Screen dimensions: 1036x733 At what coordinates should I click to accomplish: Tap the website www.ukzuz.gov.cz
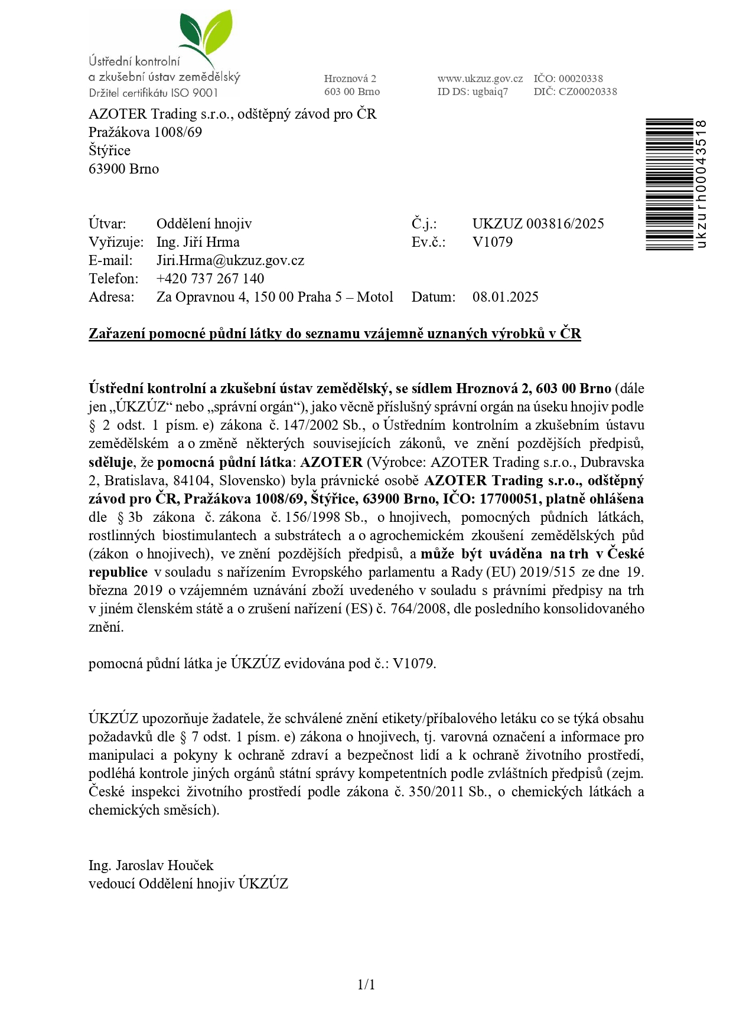pyautogui.click(x=480, y=79)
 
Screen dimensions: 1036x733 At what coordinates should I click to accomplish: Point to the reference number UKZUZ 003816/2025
pyautogui.click(x=537, y=224)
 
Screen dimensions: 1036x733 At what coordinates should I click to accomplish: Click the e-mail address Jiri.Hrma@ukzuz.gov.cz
pyautogui.click(x=230, y=260)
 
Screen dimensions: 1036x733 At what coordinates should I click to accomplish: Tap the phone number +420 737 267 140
pyautogui.click(x=210, y=279)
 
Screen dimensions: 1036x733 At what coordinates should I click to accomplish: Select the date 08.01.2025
pyautogui.click(x=505, y=297)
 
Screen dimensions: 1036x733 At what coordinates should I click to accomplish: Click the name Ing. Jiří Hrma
pyautogui.click(x=197, y=242)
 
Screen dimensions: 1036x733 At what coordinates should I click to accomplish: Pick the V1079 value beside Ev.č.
pyautogui.click(x=492, y=242)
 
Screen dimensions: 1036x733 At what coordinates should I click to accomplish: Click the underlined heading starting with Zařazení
pyautogui.click(x=334, y=334)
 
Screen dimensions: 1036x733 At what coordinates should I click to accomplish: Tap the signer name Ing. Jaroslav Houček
pyautogui.click(x=151, y=865)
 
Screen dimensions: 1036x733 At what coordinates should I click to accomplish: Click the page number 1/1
pyautogui.click(x=366, y=984)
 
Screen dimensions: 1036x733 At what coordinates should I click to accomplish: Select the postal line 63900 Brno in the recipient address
pyautogui.click(x=123, y=169)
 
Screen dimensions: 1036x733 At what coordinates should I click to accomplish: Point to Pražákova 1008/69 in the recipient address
pyautogui.click(x=145, y=132)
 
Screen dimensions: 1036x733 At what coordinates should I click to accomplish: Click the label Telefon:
pyautogui.click(x=113, y=279)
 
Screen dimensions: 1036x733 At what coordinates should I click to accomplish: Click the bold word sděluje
pyautogui.click(x=110, y=462)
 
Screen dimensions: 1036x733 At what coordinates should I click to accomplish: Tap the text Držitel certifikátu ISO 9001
pyautogui.click(x=153, y=93)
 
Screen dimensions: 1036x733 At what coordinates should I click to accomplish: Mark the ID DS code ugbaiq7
pyautogui.click(x=490, y=91)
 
